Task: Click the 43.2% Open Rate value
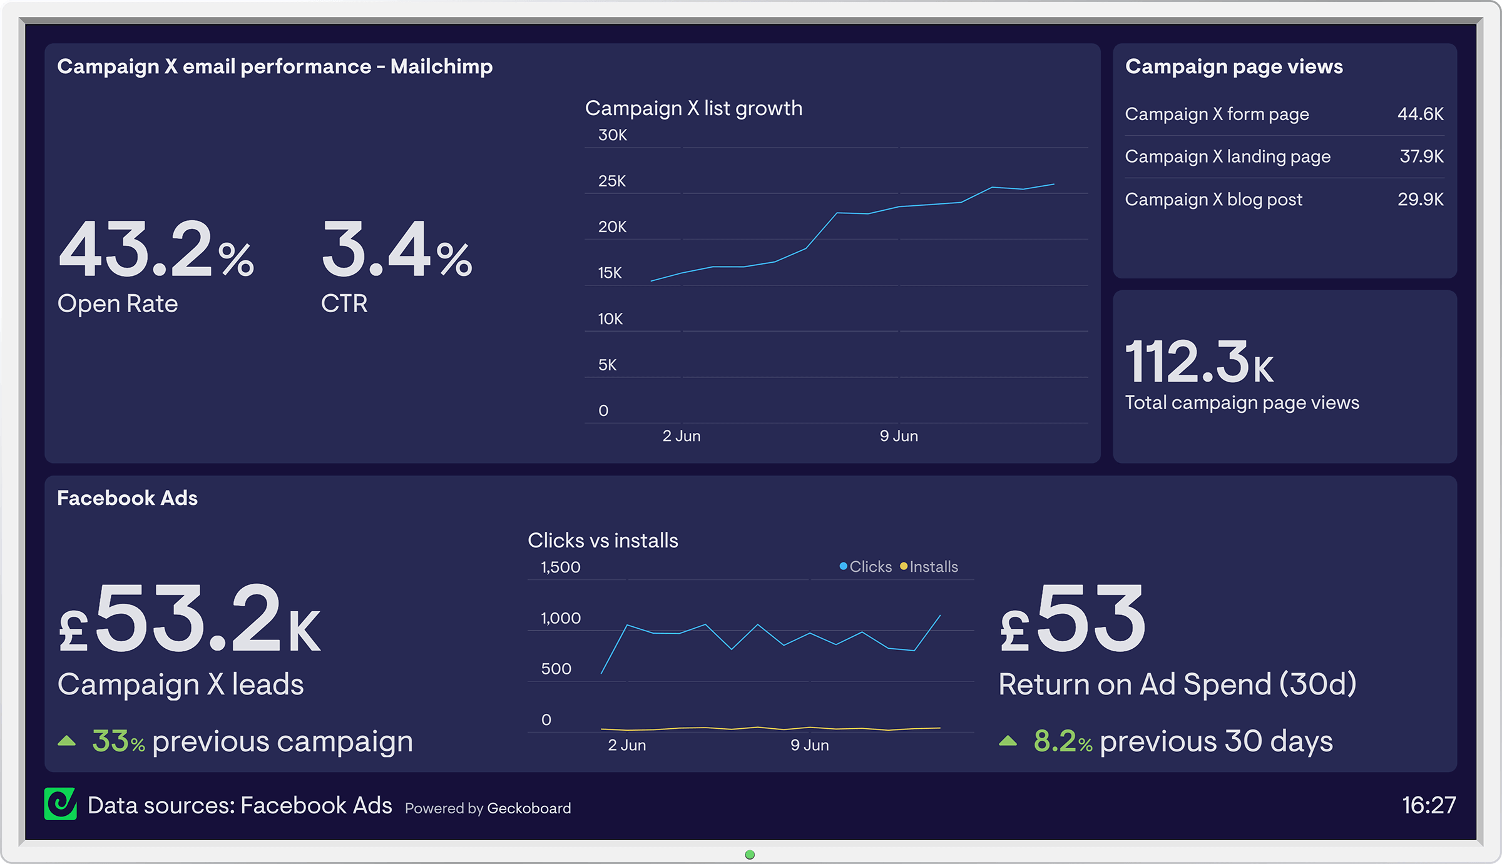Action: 156,250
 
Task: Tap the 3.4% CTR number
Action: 396,250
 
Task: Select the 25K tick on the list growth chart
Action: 611,181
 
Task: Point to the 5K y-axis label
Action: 607,365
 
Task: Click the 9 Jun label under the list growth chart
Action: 899,436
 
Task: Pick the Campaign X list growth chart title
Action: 693,108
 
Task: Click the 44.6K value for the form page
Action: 1420,114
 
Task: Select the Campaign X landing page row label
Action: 1227,156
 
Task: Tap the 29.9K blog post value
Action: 1420,199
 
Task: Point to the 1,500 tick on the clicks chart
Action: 560,567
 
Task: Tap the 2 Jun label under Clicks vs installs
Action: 626,745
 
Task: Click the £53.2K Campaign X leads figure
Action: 190,619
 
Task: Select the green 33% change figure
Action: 118,741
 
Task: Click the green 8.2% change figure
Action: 1062,741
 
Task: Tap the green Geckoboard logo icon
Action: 60,804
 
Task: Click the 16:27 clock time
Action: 1428,805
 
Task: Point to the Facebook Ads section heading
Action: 127,498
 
